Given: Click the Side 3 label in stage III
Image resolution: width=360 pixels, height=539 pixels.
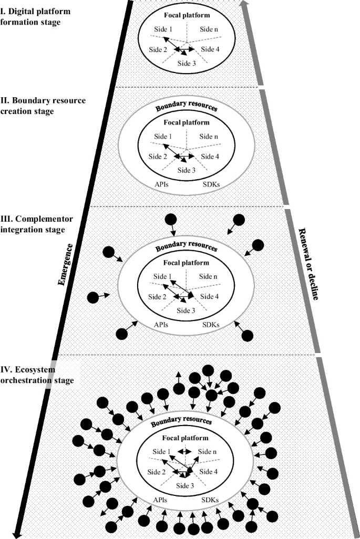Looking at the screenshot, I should [x=186, y=309].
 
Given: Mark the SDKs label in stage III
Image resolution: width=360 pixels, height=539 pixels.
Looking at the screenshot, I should [x=212, y=325].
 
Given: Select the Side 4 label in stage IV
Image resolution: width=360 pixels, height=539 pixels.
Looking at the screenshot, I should [x=209, y=472].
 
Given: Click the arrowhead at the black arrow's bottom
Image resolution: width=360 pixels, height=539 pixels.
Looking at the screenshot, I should [x=17, y=534].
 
